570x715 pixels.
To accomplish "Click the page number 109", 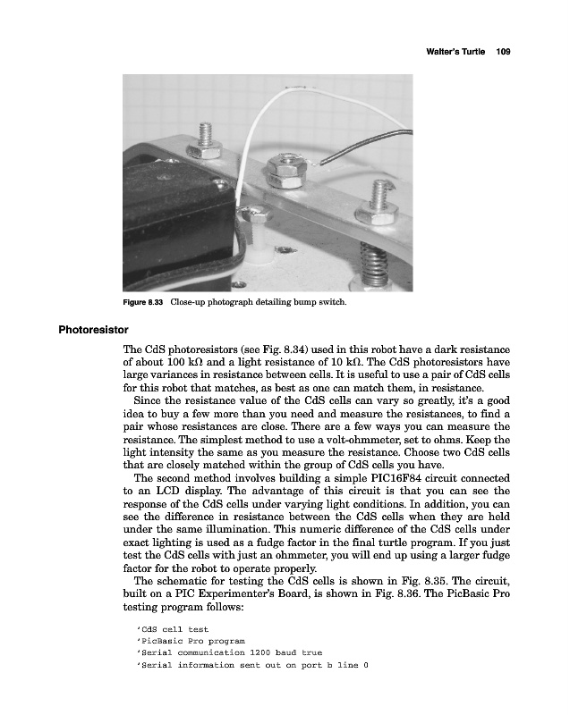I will (x=502, y=53).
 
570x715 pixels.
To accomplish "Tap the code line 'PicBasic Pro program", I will (x=190, y=641).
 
